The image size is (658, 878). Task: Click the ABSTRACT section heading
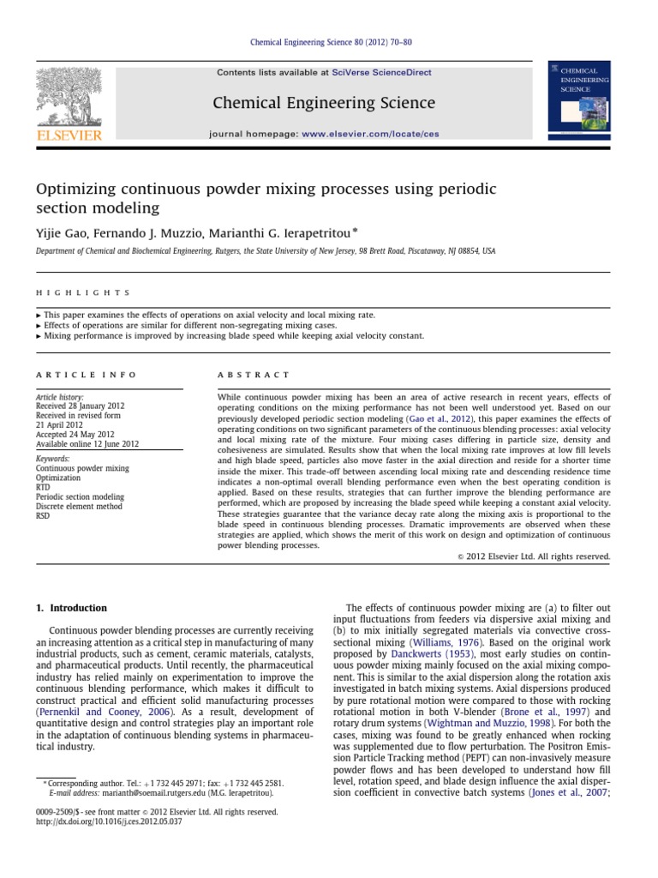tap(255, 375)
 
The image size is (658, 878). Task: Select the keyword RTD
tap(44, 487)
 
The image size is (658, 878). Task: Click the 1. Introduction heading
tap(71, 608)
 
